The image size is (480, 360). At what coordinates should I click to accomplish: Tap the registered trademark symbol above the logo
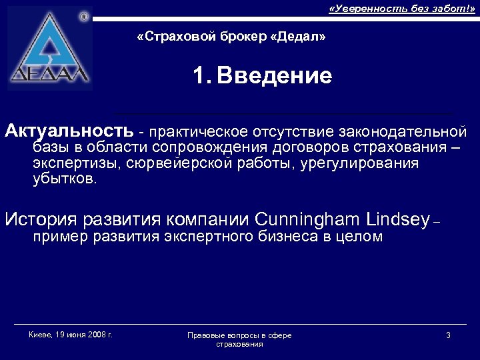point(84,16)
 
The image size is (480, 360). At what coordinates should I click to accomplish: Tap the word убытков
point(64,180)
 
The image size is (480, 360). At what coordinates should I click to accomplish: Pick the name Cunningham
point(304,219)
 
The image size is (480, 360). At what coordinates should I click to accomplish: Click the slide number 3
point(448,335)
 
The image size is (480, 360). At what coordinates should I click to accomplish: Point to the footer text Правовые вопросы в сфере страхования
point(239,339)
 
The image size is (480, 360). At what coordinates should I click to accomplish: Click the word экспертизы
point(69,163)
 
